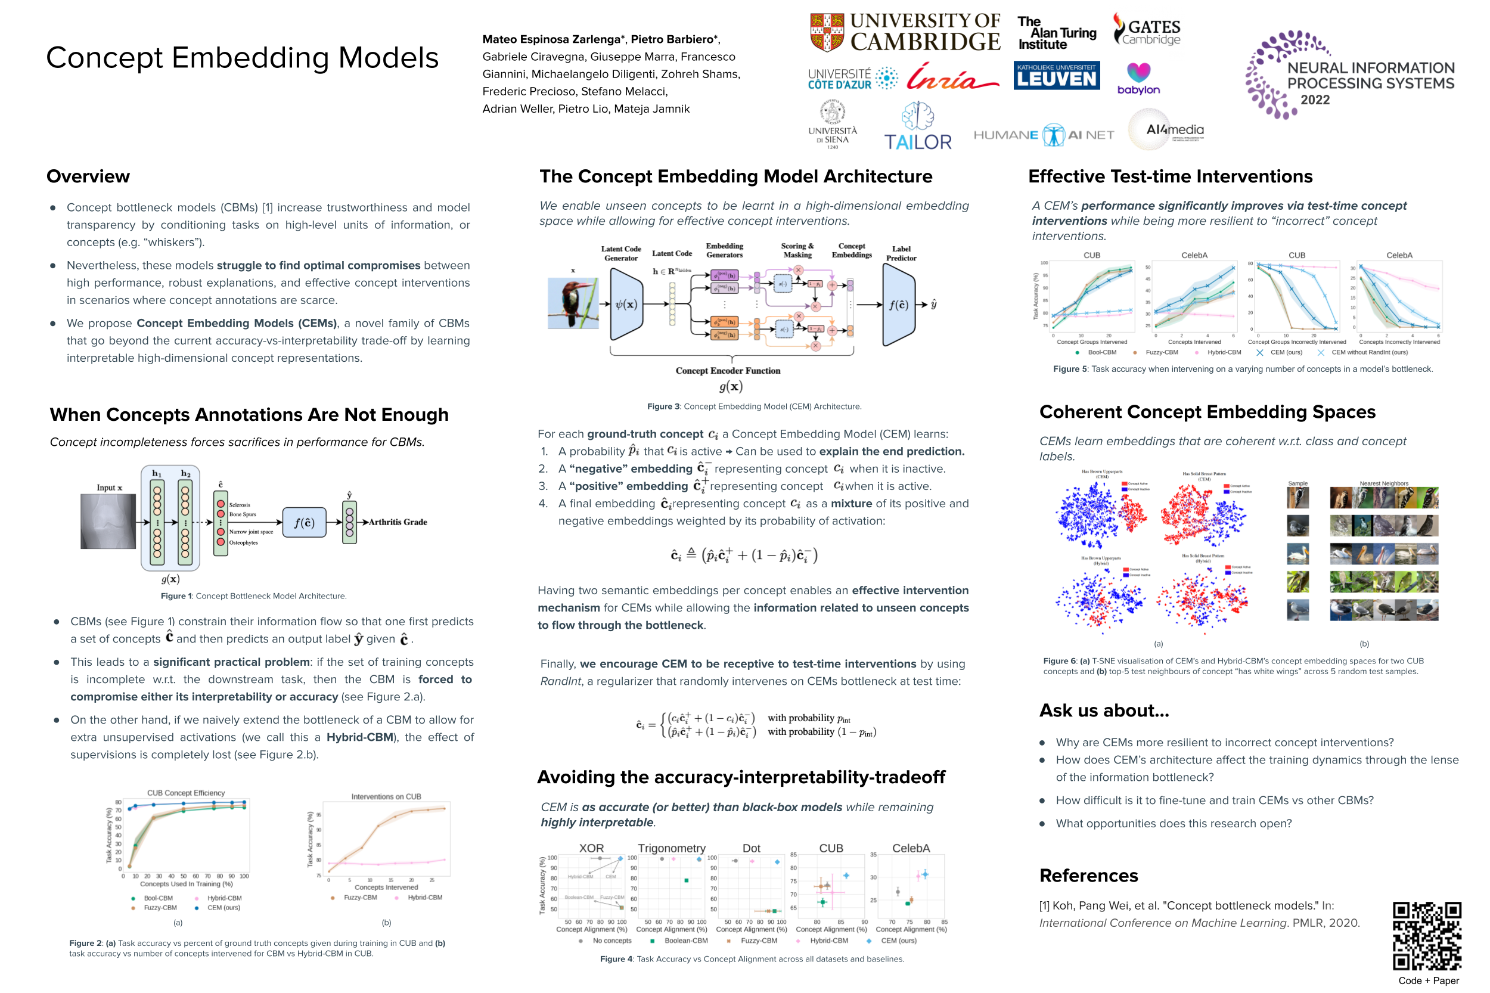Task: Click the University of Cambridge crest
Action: pyautogui.click(x=827, y=32)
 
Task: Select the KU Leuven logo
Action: pyautogui.click(x=1056, y=75)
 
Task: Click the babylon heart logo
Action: pyautogui.click(x=1138, y=73)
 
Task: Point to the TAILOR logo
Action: pyautogui.click(x=918, y=128)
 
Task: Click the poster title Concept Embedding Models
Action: pyautogui.click(x=242, y=58)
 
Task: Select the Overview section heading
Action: pyautogui.click(x=88, y=176)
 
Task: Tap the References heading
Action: pyautogui.click(x=1088, y=875)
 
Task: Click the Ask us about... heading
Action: pyautogui.click(x=1104, y=710)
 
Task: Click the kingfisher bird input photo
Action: pyautogui.click(x=572, y=303)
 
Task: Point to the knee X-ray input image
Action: pyautogui.click(x=108, y=521)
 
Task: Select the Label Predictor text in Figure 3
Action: pyautogui.click(x=901, y=253)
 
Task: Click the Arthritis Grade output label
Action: pyautogui.click(x=398, y=522)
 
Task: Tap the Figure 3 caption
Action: pyautogui.click(x=753, y=406)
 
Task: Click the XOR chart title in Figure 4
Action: pyautogui.click(x=591, y=848)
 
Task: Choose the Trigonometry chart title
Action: pyautogui.click(x=671, y=848)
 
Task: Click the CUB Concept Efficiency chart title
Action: pyautogui.click(x=185, y=793)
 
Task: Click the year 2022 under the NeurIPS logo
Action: pyautogui.click(x=1315, y=100)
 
